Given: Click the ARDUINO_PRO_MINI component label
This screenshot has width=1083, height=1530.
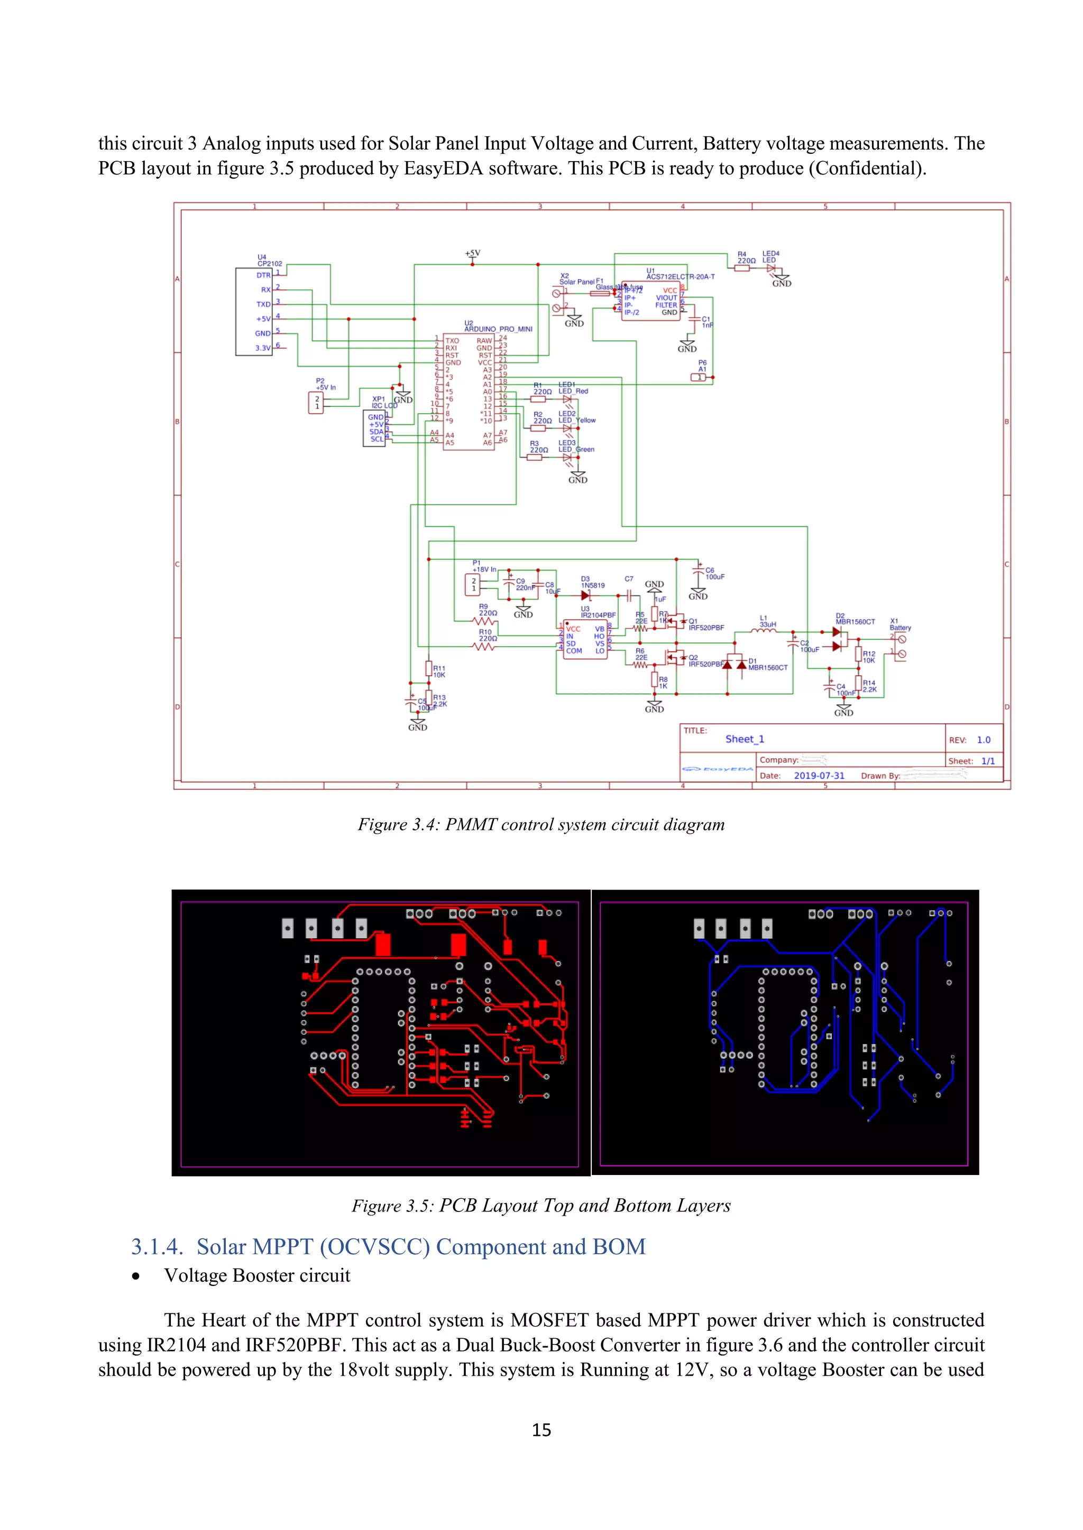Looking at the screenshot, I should (x=498, y=329).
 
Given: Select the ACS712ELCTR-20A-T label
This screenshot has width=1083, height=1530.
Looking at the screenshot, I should (x=680, y=276).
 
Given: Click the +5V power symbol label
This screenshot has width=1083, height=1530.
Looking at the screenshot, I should (x=472, y=253).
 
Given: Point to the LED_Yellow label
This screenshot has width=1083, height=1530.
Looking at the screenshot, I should (x=577, y=421).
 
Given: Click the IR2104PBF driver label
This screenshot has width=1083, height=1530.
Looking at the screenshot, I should (x=598, y=615).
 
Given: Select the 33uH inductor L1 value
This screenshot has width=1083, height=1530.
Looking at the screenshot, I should (x=768, y=625).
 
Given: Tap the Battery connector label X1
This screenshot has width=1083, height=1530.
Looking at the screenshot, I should (x=900, y=628).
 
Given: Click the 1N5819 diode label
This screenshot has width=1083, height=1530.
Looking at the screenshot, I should (x=592, y=586).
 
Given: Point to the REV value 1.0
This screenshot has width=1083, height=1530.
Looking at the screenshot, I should (x=983, y=740).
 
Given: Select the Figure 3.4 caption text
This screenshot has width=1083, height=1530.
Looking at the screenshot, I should (x=541, y=825).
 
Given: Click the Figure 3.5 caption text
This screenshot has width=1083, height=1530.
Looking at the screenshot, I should (x=541, y=1206).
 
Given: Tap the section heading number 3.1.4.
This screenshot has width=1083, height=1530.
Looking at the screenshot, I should (x=157, y=1247).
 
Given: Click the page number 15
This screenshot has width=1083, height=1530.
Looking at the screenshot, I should (x=541, y=1430).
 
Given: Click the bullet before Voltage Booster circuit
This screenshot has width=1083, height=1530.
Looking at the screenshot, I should (x=136, y=1276).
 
